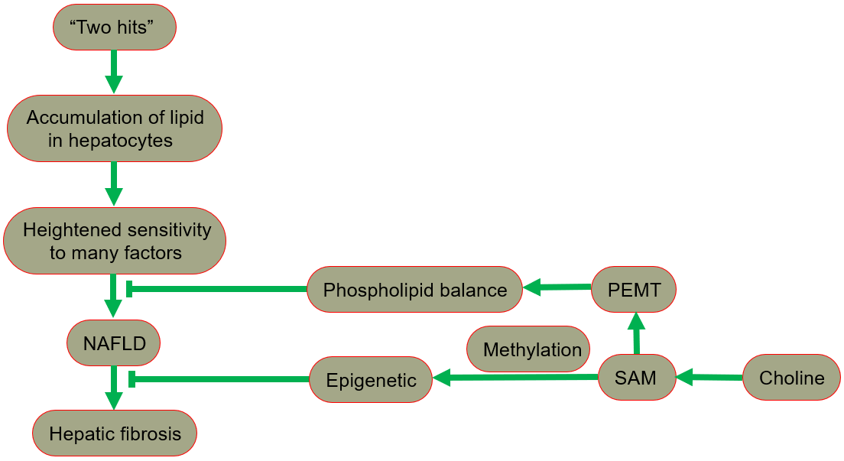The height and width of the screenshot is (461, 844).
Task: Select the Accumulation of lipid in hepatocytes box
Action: (x=115, y=128)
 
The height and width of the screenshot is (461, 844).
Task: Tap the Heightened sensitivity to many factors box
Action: (x=115, y=241)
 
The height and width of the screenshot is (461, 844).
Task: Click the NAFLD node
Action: (x=114, y=343)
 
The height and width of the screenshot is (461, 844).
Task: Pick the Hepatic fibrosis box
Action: (x=115, y=433)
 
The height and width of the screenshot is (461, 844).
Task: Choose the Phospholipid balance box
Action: (x=414, y=290)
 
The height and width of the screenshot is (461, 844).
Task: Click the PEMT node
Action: (x=634, y=290)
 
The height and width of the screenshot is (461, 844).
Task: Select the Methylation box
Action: (x=528, y=349)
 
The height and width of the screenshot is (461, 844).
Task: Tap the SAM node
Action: (x=637, y=377)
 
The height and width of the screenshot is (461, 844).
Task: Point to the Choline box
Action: (x=791, y=378)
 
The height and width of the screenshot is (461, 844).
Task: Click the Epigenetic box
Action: (x=371, y=379)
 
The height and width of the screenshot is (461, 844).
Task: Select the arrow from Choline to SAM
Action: (x=709, y=377)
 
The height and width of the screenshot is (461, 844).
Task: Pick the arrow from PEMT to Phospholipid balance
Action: (x=557, y=287)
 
